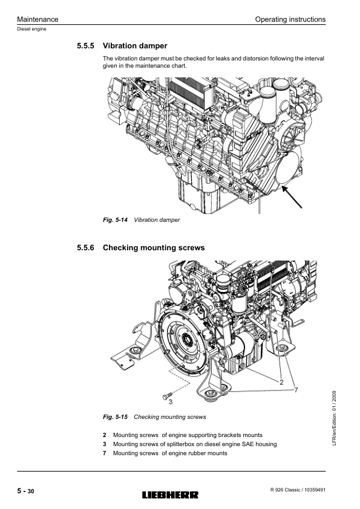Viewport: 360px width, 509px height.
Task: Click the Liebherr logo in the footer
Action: [x=170, y=495]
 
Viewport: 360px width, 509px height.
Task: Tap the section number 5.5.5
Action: [x=85, y=46]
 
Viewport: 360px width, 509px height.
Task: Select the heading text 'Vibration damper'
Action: [x=135, y=46]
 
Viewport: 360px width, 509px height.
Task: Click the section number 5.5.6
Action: [x=85, y=248]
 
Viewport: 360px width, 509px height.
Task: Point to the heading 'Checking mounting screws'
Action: [x=154, y=248]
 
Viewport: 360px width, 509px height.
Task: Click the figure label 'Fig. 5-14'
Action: [x=116, y=220]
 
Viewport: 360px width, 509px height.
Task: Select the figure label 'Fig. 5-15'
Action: [x=116, y=417]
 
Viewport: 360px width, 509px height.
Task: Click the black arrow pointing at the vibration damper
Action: [x=292, y=196]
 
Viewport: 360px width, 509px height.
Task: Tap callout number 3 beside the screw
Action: [x=171, y=402]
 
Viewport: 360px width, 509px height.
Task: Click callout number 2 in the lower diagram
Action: [x=281, y=383]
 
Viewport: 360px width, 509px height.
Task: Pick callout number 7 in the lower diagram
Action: [x=296, y=390]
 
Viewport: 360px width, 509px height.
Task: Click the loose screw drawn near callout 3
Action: [x=166, y=396]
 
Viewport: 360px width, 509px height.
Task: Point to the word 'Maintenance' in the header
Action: [x=38, y=19]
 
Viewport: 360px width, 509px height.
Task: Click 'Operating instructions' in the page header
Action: [x=290, y=19]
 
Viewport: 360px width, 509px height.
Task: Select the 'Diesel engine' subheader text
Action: [x=31, y=29]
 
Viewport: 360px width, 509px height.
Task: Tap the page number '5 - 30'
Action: [x=25, y=491]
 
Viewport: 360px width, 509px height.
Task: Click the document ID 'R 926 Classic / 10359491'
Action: [x=298, y=490]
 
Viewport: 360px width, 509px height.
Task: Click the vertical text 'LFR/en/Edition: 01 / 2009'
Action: [x=335, y=418]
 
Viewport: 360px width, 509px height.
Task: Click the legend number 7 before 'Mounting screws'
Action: [x=104, y=453]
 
